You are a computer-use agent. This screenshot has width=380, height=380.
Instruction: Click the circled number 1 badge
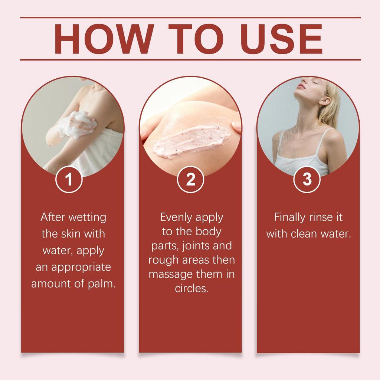pos(69,180)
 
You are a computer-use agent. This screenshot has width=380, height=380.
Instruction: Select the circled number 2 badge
pos(190,180)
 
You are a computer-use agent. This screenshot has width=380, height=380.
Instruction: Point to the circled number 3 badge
pos(307,180)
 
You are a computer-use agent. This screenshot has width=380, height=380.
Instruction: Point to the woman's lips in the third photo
pos(301,86)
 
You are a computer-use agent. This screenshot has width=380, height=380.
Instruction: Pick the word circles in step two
pos(191,289)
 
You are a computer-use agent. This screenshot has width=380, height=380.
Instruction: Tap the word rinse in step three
pos(320,217)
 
